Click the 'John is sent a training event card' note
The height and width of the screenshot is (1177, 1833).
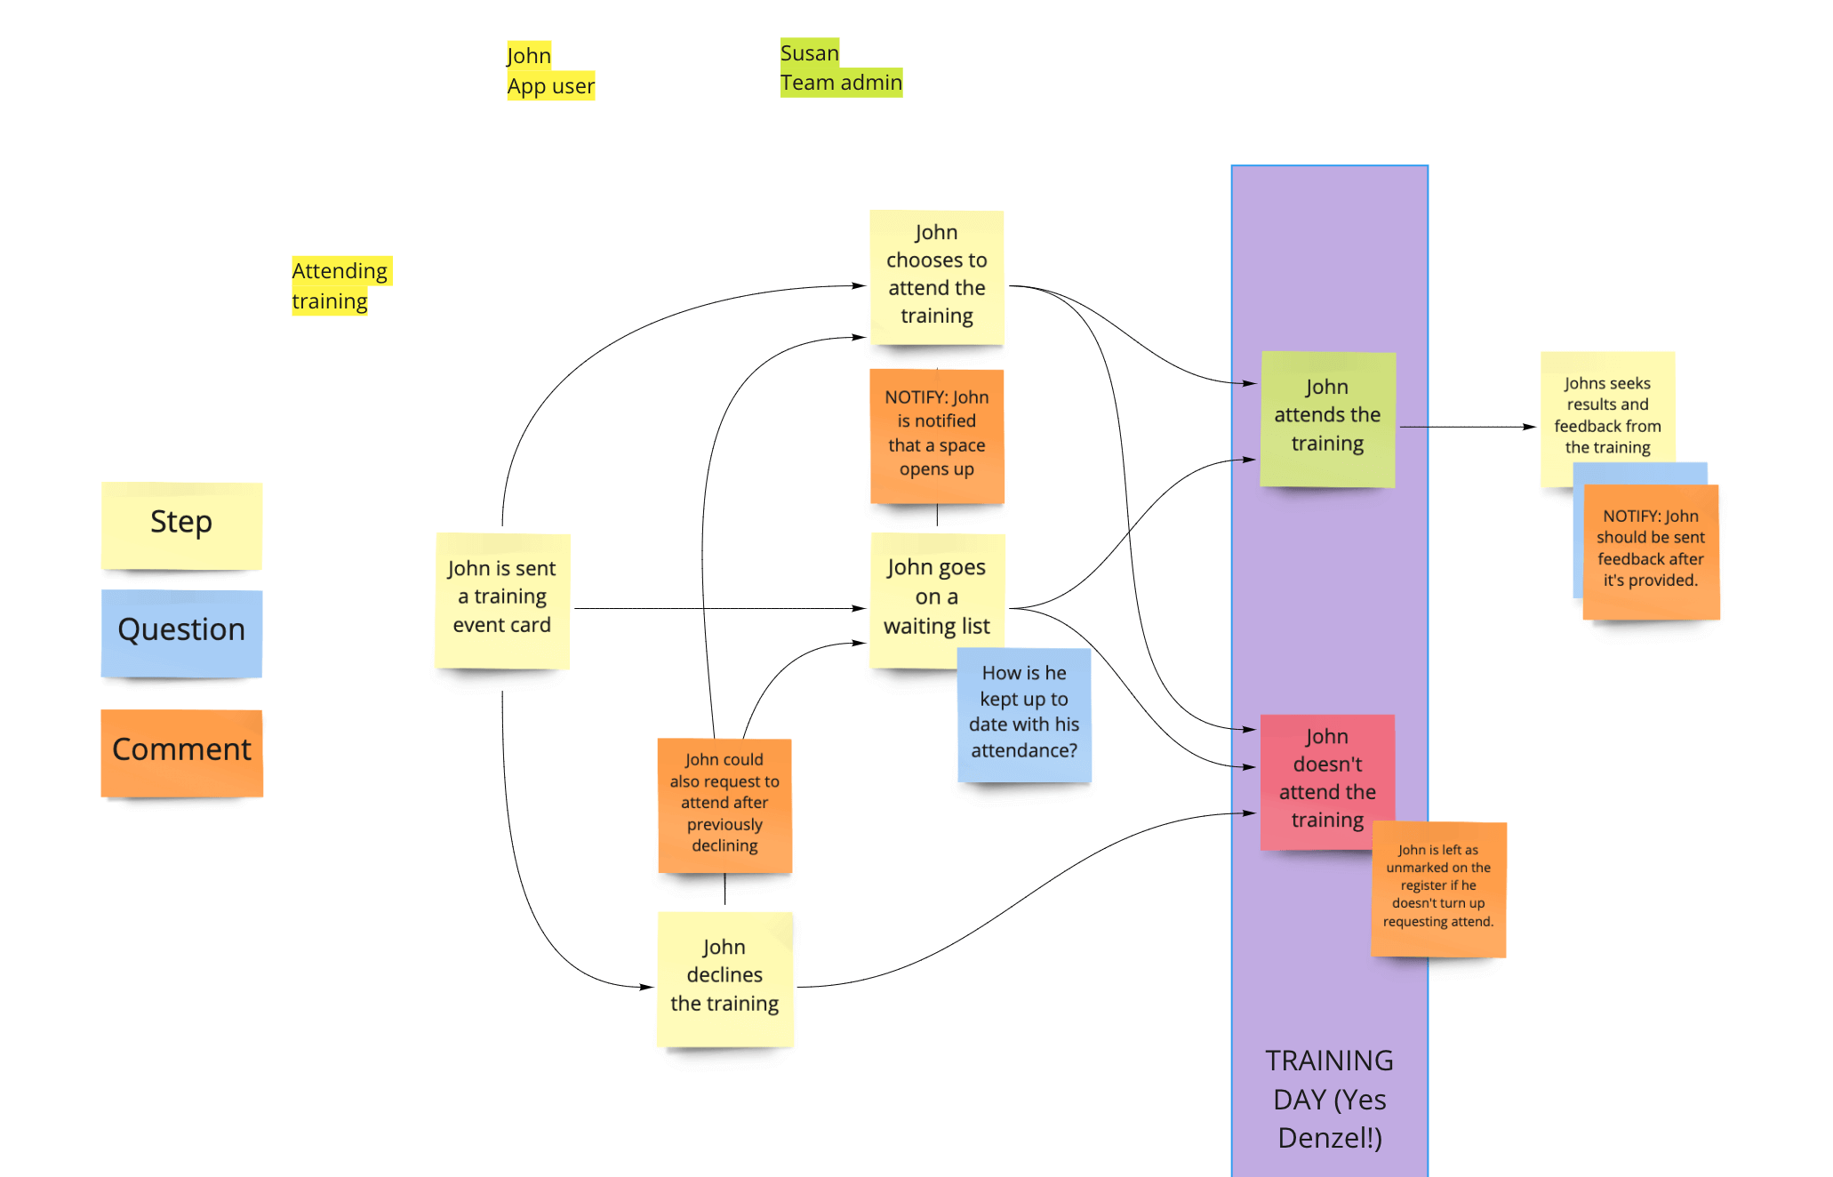click(x=502, y=597)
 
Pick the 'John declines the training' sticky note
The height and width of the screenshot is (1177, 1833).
click(x=724, y=976)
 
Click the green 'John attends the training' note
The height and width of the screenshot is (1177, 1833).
click(x=1327, y=416)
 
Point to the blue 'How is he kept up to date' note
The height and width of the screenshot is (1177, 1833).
click(x=1024, y=713)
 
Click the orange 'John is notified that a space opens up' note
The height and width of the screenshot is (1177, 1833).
click(x=937, y=434)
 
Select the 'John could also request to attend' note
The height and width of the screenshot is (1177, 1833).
click(x=724, y=803)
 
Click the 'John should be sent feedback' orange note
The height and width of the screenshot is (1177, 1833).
click(x=1651, y=549)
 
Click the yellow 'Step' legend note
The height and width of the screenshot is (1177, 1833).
click(x=181, y=524)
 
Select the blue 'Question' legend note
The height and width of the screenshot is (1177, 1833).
click(x=181, y=631)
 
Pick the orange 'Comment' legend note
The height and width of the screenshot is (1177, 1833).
click(x=181, y=751)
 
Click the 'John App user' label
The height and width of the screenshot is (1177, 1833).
click(x=549, y=71)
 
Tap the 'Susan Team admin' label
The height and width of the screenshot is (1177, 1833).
click(x=840, y=68)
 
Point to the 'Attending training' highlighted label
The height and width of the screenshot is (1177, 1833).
click(x=340, y=285)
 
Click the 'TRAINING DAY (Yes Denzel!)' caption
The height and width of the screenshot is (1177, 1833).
click(x=1329, y=1099)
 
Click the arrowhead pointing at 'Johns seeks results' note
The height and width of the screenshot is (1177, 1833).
click(x=1530, y=427)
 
